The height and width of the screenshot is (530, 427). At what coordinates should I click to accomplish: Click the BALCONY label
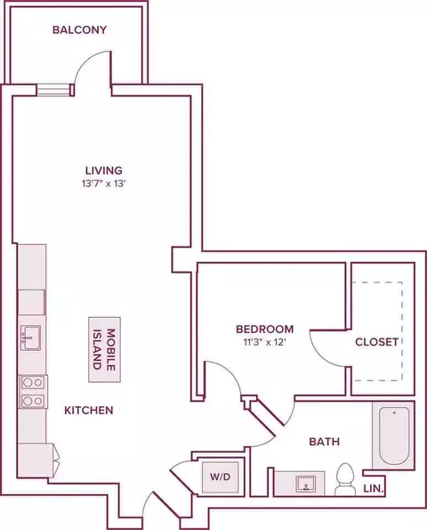[79, 29]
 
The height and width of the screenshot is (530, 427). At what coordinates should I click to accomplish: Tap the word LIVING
[103, 170]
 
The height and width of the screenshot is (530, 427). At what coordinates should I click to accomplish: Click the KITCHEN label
[87, 411]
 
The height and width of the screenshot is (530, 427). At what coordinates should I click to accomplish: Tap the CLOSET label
[376, 342]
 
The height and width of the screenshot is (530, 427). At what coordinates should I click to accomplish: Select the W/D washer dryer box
[220, 477]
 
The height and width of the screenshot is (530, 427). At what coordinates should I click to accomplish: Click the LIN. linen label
[375, 488]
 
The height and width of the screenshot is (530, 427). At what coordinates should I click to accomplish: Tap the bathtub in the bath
[390, 436]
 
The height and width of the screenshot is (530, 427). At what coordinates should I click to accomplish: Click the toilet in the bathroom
[345, 481]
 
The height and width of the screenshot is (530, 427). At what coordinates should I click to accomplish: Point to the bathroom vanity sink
[308, 485]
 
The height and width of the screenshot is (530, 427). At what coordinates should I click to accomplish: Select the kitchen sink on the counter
[30, 338]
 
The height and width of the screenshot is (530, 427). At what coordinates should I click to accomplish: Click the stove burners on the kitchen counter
[33, 391]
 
